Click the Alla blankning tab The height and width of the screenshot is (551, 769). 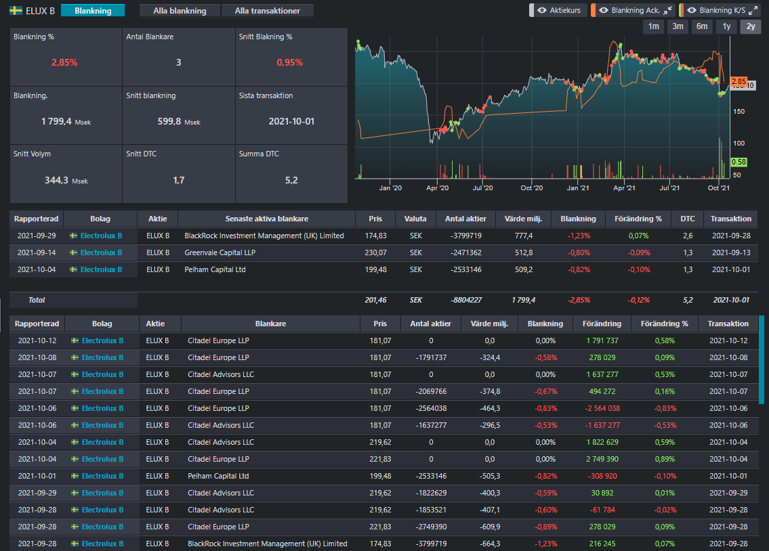(180, 11)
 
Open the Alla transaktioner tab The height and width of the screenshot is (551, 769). (267, 11)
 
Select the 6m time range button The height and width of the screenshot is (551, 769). (702, 26)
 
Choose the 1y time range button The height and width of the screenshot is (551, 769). (726, 26)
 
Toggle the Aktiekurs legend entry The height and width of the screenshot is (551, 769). (558, 10)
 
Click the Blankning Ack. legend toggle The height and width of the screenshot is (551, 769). (633, 10)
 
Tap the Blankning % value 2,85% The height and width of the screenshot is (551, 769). (64, 63)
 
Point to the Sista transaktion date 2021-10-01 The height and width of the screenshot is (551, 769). (291, 121)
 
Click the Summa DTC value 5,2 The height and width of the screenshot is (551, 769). (291, 180)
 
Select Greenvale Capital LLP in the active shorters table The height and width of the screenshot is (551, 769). (220, 252)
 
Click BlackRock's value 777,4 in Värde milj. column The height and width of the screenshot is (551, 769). (523, 236)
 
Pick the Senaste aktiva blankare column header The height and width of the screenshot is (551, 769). (267, 219)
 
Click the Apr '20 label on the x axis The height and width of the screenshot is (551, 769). (438, 188)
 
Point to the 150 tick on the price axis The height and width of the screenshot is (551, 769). (739, 112)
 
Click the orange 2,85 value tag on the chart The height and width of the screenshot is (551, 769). (739, 81)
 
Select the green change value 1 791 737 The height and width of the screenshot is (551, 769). (602, 341)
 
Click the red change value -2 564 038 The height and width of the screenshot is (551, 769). (602, 408)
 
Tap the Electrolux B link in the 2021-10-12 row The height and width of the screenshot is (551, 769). (102, 341)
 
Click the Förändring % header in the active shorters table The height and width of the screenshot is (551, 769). (638, 219)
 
